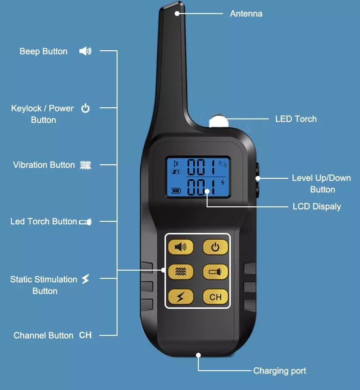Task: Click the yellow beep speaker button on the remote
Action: [180, 247]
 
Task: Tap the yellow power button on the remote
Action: [215, 247]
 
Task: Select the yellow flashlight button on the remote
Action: [215, 272]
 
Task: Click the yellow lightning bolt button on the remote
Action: [180, 297]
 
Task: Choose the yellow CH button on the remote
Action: [215, 297]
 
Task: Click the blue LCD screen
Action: [197, 177]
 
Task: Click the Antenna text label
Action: [246, 14]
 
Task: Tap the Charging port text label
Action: [280, 371]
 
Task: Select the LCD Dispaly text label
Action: [316, 206]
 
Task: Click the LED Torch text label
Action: [296, 119]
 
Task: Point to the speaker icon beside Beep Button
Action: [85, 51]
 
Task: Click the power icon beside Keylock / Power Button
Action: [85, 108]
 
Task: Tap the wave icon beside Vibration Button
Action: [85, 165]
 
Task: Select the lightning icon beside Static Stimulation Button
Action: [85, 279]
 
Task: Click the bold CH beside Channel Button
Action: [85, 335]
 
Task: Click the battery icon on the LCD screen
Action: [175, 190]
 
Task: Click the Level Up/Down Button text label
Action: [321, 184]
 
